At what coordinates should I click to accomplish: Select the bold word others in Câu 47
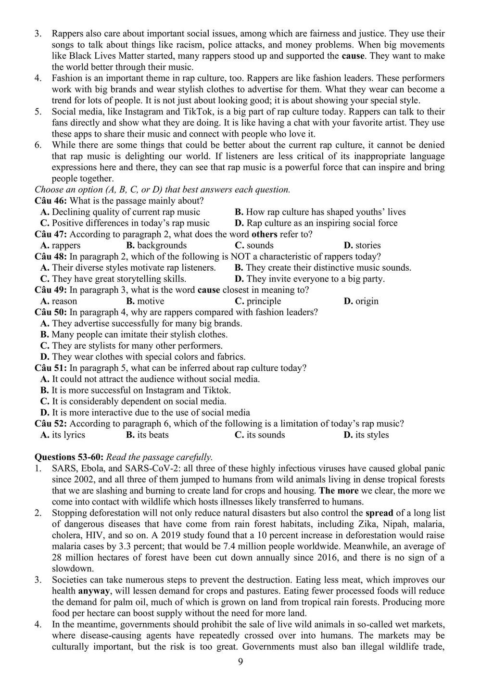(x=265, y=234)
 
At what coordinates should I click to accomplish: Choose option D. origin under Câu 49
(x=361, y=301)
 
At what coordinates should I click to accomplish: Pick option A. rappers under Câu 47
(x=61, y=245)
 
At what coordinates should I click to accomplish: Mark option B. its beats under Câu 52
(x=147, y=435)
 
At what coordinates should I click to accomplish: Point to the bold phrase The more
(x=339, y=491)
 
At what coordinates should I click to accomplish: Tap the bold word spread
(x=379, y=513)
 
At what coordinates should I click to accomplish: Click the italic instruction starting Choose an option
(x=163, y=189)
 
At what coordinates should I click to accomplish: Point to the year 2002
(x=74, y=479)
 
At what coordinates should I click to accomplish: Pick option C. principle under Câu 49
(x=258, y=301)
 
